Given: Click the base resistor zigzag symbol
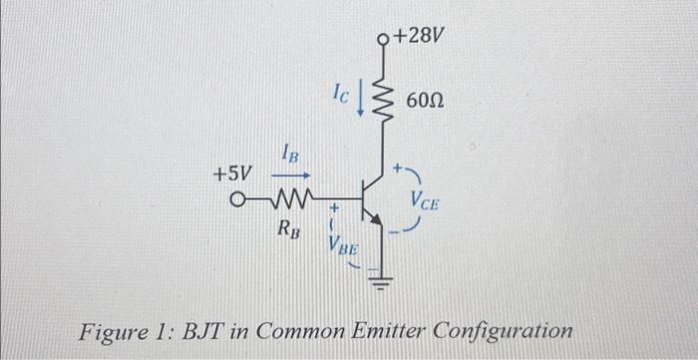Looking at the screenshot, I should [x=287, y=196].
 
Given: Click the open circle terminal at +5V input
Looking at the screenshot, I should [x=237, y=196].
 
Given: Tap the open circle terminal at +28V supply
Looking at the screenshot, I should [x=385, y=40].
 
